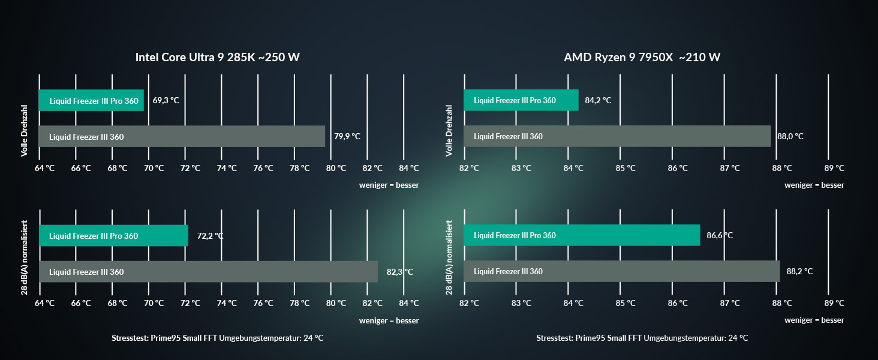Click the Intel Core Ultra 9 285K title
click(218, 58)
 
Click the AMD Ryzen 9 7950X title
click(642, 58)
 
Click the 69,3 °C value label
click(166, 100)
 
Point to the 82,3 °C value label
click(400, 272)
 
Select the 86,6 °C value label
click(720, 235)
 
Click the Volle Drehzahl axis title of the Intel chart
click(25, 131)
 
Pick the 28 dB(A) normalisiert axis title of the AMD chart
click(449, 257)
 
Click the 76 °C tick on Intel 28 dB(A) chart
click(264, 303)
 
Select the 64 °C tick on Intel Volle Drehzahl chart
click(44, 168)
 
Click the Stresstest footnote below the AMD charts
click(642, 338)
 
